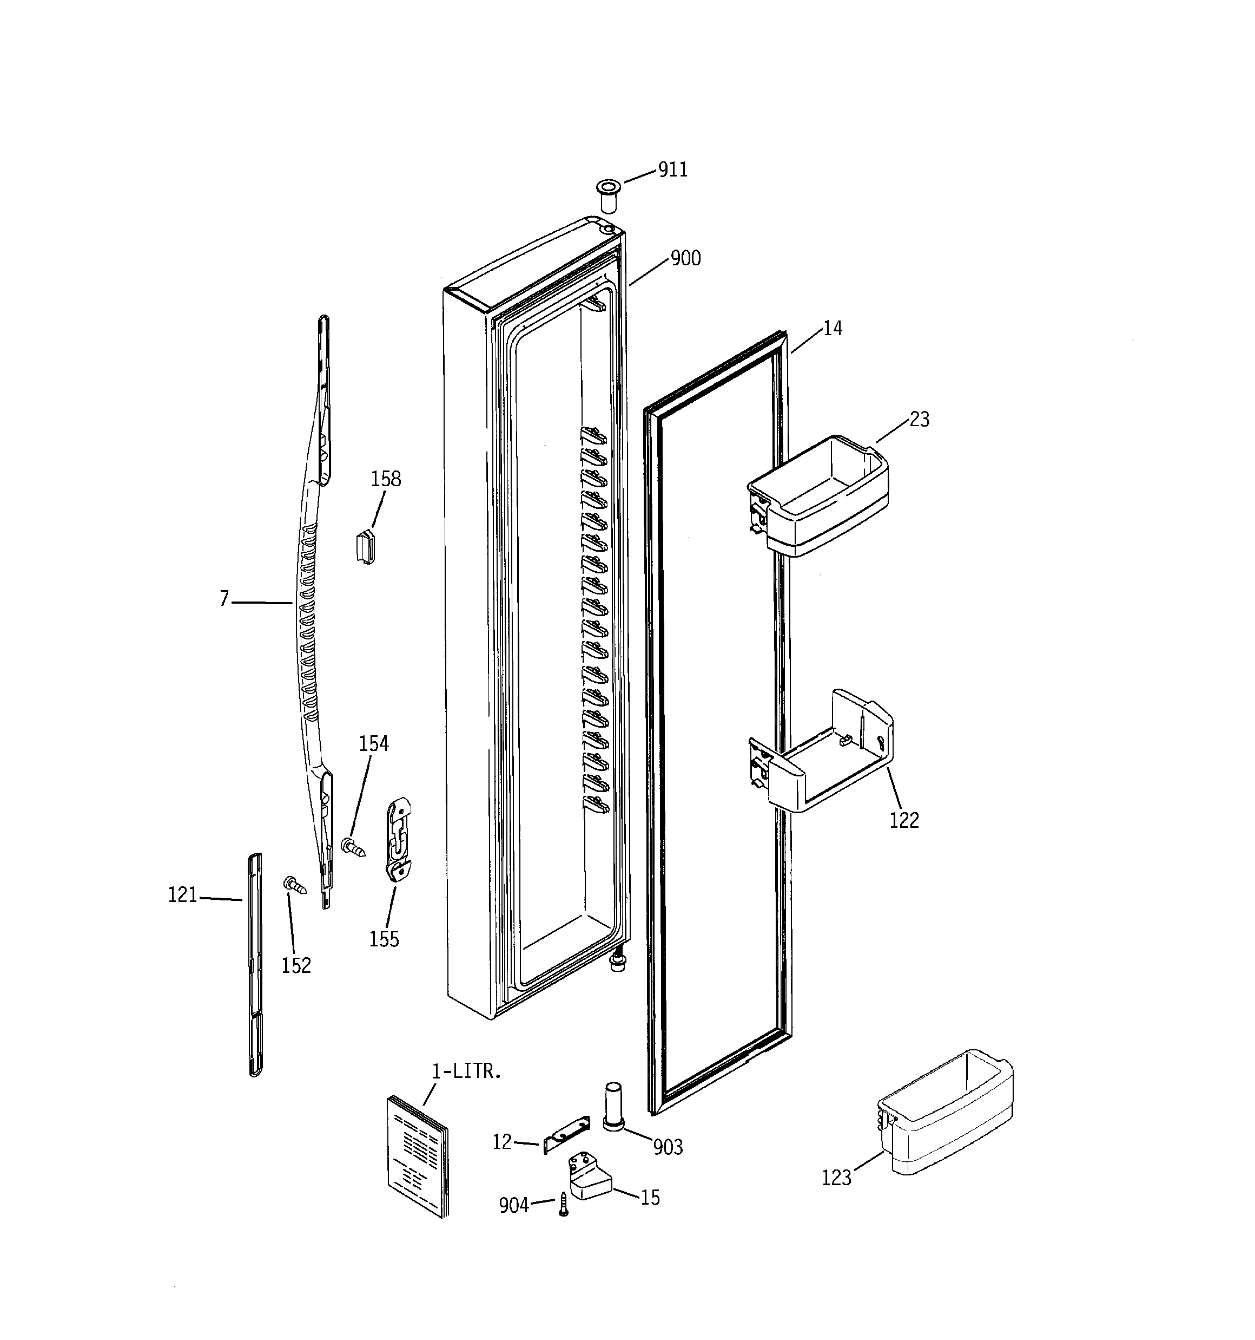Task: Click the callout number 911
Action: pos(673,170)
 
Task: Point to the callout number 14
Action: pos(833,329)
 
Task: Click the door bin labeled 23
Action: pos(818,495)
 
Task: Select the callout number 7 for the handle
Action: pos(224,599)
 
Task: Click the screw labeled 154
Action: pos(353,847)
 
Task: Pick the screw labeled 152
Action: pos(295,884)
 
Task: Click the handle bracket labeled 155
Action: pos(399,840)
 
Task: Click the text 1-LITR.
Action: pos(466,1072)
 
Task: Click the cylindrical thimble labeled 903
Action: pos(613,1107)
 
